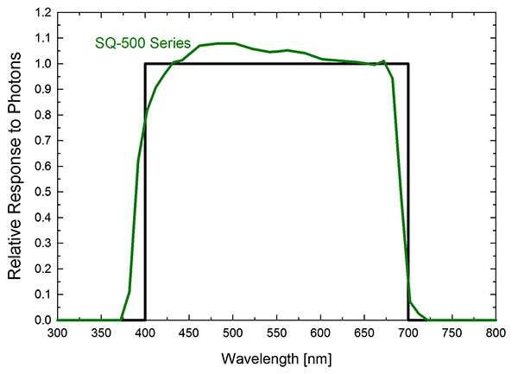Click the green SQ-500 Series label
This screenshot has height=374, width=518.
pyautogui.click(x=142, y=43)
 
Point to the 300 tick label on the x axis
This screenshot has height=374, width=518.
pyautogui.click(x=57, y=333)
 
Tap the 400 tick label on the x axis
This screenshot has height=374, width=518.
pyautogui.click(x=145, y=333)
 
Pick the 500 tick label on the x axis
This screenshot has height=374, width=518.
pyautogui.click(x=232, y=333)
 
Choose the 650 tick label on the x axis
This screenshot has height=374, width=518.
pyautogui.click(x=364, y=333)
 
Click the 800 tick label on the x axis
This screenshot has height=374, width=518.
pyautogui.click(x=496, y=333)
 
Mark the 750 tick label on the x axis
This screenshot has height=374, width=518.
pyautogui.click(x=452, y=333)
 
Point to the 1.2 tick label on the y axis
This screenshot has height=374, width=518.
pyautogui.click(x=41, y=13)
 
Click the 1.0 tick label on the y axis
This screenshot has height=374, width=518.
pyautogui.click(x=41, y=64)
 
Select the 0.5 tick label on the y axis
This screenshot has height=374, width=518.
pyautogui.click(x=41, y=192)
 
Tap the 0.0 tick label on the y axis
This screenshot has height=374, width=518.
pyautogui.click(x=41, y=320)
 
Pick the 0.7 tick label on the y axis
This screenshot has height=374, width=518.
pyautogui.click(x=41, y=141)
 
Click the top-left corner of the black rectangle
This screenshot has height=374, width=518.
pyautogui.click(x=145, y=64)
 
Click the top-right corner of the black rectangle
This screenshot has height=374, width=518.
pyautogui.click(x=408, y=64)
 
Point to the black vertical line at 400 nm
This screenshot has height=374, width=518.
pyautogui.click(x=145, y=216)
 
